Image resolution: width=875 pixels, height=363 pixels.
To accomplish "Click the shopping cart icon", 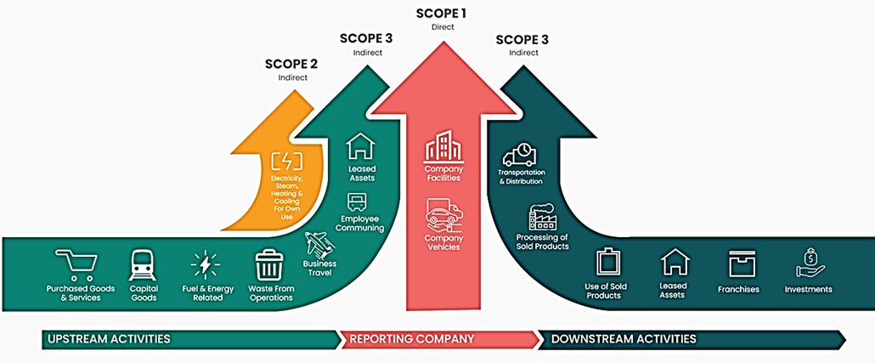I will tap(76, 264).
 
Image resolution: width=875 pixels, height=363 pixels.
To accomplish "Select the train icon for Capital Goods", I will tap(143, 264).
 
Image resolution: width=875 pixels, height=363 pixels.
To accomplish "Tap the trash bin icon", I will tap(269, 264).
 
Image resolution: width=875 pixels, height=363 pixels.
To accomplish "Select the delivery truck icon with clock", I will tap(519, 155).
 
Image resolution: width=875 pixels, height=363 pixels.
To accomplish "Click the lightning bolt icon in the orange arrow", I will tap(286, 161).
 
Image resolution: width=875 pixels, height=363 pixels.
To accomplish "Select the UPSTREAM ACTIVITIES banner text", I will tap(110, 339).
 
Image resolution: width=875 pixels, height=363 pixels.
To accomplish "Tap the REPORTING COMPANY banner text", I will tap(411, 339).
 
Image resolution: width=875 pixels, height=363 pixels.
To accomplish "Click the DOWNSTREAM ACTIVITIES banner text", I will tap(624, 339).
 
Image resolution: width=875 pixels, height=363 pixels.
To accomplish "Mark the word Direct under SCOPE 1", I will tap(443, 27).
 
